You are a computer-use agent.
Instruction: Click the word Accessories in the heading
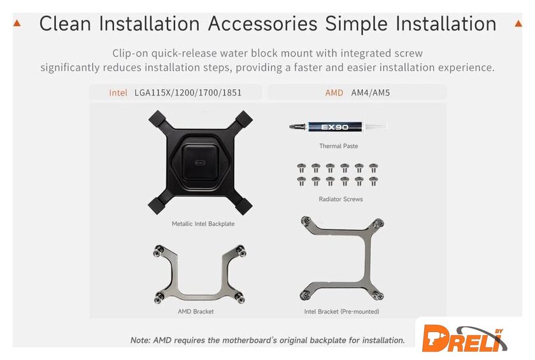click(x=262, y=24)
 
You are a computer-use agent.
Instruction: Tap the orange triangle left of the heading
click(x=17, y=23)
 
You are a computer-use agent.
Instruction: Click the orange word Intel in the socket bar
click(x=118, y=93)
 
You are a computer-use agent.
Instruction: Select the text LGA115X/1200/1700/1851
click(x=188, y=93)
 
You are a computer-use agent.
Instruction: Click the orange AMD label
click(x=334, y=93)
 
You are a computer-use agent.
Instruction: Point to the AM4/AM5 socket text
click(x=371, y=93)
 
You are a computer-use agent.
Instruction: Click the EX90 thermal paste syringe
click(x=338, y=127)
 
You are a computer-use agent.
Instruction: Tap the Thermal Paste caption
click(x=338, y=146)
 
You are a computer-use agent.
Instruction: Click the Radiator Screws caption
click(x=341, y=199)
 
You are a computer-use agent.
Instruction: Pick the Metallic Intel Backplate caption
click(x=203, y=224)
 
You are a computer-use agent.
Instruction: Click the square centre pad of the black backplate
click(x=200, y=162)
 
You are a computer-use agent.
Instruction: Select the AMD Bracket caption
click(x=196, y=312)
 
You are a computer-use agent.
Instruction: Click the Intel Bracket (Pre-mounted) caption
click(x=341, y=312)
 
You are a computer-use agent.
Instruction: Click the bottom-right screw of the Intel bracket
click(x=378, y=295)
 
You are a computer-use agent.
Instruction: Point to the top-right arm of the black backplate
click(x=243, y=120)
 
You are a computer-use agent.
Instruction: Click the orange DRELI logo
click(x=464, y=338)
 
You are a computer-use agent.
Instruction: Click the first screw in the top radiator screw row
click(x=301, y=168)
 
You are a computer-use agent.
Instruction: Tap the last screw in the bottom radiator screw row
click(x=373, y=181)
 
